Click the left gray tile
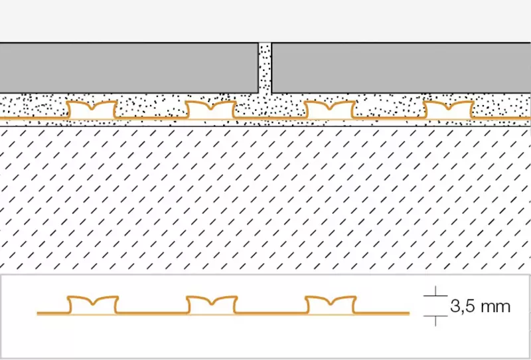[129, 68]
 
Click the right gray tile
[402, 68]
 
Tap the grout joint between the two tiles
[265, 68]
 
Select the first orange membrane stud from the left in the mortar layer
[92, 110]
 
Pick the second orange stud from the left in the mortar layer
[210, 110]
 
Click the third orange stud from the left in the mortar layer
[329, 110]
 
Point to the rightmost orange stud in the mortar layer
[449, 110]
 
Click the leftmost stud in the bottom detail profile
[93, 305]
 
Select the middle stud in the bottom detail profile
[212, 305]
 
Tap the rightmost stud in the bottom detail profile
[331, 305]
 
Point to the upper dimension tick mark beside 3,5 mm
[435, 296]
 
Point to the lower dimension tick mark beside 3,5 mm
[435, 316]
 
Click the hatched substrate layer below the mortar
[265, 199]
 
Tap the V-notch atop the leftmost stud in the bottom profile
[93, 304]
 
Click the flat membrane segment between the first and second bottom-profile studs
[153, 314]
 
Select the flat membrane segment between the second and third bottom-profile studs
[271, 314]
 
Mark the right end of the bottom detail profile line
[410, 314]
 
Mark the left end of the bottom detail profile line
[37, 314]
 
